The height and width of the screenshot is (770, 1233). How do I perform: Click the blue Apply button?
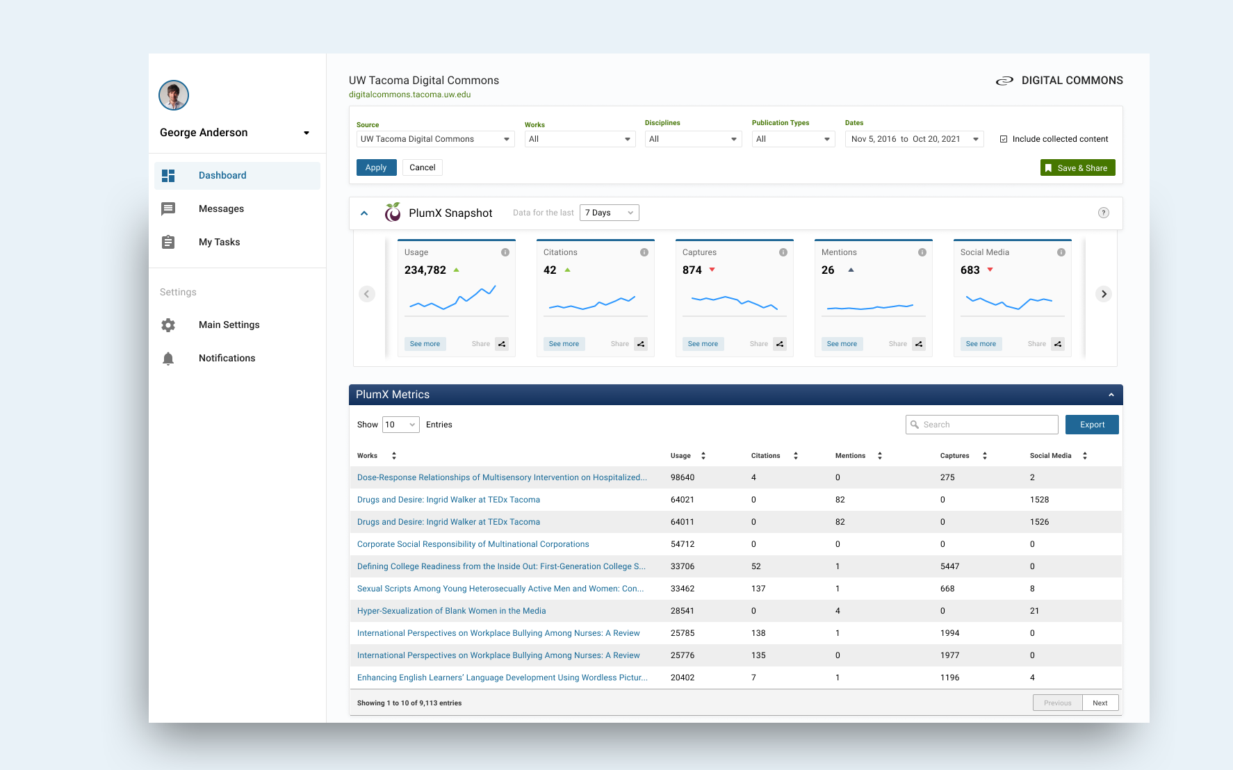[376, 167]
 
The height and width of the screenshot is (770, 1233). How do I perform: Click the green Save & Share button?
[1077, 167]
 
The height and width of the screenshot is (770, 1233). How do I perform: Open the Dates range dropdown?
[914, 139]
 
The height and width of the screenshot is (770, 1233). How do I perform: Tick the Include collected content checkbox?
[1004, 139]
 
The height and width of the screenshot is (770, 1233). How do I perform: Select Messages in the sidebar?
[221, 208]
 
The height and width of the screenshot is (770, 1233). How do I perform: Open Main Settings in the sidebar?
[229, 325]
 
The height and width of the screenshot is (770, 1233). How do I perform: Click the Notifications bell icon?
[168, 358]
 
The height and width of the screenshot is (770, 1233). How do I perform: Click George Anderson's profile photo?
[174, 95]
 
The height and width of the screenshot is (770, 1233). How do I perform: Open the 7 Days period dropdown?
[609, 213]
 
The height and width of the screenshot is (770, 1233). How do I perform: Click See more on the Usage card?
[425, 344]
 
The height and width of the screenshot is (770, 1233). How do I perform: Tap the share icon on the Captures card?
[780, 344]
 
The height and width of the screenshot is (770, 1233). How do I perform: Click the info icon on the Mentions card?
[922, 252]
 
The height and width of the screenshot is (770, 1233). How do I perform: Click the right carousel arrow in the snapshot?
[1104, 294]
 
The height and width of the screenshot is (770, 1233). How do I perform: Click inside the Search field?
[982, 425]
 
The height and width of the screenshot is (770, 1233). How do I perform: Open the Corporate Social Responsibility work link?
[473, 544]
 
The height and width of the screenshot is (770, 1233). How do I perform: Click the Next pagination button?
[1100, 703]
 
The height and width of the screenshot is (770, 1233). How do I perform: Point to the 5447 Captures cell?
[949, 566]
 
